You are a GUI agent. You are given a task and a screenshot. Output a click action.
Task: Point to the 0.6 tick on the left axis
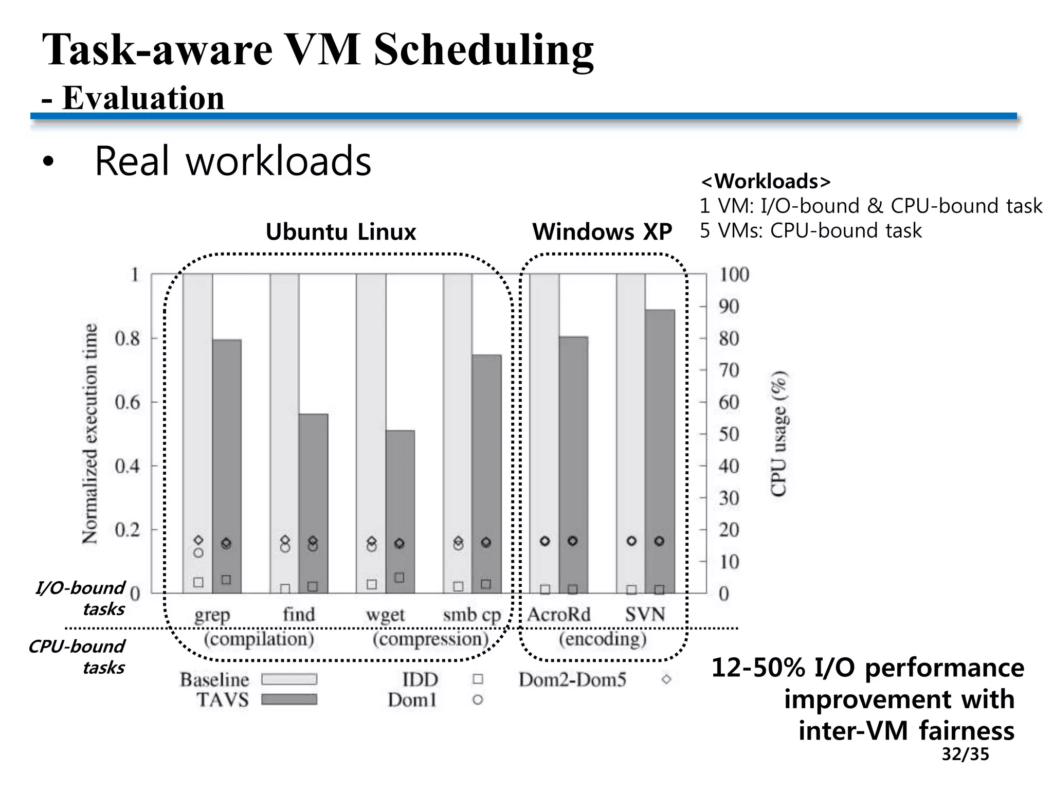tap(127, 402)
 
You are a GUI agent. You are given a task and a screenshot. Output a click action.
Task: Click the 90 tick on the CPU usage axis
tap(728, 307)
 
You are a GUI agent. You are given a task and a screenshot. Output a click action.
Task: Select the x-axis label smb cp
tap(471, 615)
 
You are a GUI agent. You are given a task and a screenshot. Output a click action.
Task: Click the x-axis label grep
tap(212, 615)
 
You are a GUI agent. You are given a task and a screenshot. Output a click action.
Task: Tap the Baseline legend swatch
tap(289, 679)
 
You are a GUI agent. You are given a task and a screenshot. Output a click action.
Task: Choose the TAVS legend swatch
tap(289, 699)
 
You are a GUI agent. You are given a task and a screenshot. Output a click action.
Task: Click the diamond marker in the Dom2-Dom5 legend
tap(666, 679)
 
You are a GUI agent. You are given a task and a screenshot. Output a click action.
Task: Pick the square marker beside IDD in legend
tap(478, 679)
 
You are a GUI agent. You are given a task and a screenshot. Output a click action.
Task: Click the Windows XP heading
tap(602, 232)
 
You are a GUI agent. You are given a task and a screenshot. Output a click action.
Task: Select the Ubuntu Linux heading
tap(340, 232)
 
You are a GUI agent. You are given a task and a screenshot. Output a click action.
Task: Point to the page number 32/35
tap(965, 754)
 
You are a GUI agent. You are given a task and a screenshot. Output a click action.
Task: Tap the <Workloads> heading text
tap(765, 181)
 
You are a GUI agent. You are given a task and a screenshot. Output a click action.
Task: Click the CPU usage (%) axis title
tap(779, 434)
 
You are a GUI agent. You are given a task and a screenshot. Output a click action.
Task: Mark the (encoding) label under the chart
tap(602, 639)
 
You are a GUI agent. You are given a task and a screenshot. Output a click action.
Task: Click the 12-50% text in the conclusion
tap(758, 668)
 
